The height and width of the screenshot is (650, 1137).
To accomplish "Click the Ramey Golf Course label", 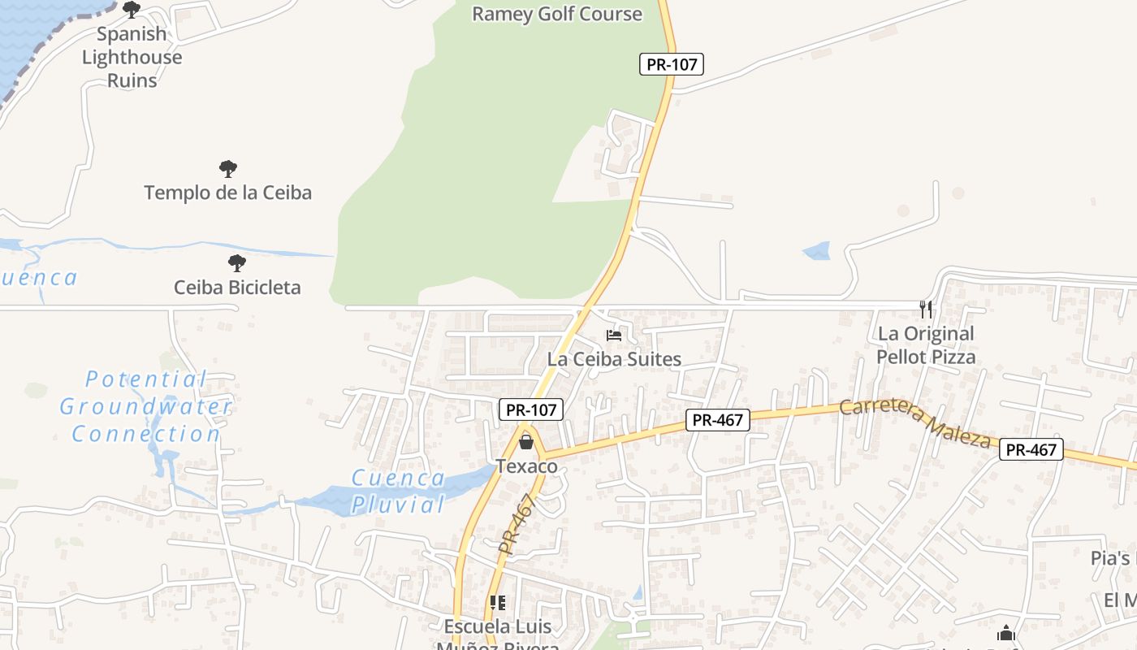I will coord(557,14).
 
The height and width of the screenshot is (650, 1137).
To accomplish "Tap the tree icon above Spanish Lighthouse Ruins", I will coord(132,10).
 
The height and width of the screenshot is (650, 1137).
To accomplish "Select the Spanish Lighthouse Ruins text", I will coord(132,57).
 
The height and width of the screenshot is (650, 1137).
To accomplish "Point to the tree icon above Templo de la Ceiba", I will coord(228,169).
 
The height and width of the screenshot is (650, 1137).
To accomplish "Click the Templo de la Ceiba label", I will coord(228,193).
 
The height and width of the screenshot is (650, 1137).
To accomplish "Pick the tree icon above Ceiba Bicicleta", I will coord(236,263).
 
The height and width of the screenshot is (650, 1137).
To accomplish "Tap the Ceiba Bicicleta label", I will coord(237,287).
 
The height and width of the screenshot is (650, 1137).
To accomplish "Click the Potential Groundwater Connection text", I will coord(146,406).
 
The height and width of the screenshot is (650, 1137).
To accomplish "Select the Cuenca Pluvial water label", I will coord(398,491).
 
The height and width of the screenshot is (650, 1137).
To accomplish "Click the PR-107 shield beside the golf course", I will coord(671,64).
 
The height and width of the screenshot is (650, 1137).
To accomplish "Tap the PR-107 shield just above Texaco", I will coord(531,410).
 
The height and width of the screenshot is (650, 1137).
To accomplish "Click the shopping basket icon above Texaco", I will coord(526,442).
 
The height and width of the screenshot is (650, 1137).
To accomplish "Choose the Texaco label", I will coord(527,466).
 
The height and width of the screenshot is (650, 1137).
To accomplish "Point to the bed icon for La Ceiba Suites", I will coord(614,335).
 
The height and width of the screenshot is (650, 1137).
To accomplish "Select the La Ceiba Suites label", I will coord(614,358).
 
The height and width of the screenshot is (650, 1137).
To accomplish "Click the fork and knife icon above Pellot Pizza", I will coord(926,309).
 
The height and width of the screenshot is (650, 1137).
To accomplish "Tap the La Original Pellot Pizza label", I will coord(926,345).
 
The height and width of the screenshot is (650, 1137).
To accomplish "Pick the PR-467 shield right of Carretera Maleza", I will coord(1031,449).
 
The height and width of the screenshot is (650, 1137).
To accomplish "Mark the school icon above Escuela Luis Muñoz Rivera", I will coord(498,603).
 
